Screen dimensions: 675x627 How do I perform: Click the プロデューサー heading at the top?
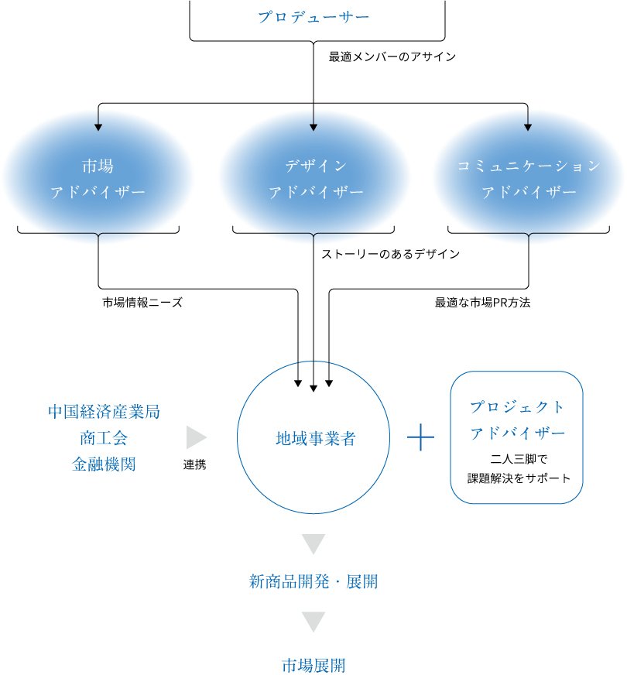[x=313, y=16]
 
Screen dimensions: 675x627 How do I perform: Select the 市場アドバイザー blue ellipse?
[x=98, y=179]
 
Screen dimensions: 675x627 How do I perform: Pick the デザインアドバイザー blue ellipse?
[x=316, y=179]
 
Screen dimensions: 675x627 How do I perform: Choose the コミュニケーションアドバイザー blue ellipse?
[x=529, y=179]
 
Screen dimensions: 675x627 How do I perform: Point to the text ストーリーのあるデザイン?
[x=390, y=253]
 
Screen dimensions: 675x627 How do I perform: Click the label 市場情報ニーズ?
[x=142, y=303]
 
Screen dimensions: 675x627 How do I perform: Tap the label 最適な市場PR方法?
[x=482, y=303]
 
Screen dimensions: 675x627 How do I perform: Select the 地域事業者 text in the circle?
[x=315, y=439]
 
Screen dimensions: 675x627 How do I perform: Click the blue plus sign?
[x=420, y=437]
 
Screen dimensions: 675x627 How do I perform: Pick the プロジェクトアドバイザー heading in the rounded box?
[x=518, y=420]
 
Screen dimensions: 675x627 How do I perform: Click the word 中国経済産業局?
[x=104, y=411]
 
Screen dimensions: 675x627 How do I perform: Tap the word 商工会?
[x=104, y=437]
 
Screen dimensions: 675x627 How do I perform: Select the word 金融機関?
[x=104, y=464]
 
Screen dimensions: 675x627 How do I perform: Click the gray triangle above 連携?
[x=195, y=437]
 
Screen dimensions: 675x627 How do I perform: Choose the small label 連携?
[x=194, y=464]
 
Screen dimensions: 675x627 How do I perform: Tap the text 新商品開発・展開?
[x=313, y=581]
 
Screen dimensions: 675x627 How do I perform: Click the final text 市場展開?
[x=313, y=665]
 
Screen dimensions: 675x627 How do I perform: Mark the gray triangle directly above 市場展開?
[x=313, y=621]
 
